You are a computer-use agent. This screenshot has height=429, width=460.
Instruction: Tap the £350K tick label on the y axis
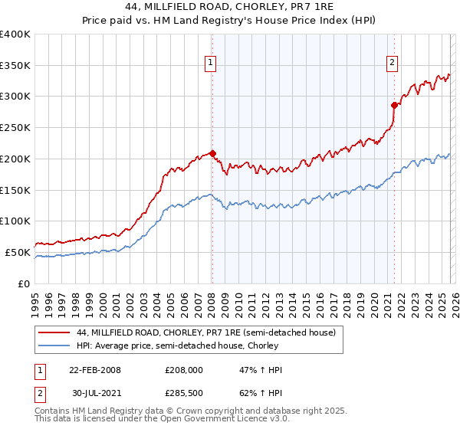15,65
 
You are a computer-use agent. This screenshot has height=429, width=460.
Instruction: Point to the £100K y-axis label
15,221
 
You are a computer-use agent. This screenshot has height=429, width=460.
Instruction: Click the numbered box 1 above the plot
210,64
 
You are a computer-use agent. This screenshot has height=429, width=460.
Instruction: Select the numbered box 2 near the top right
393,64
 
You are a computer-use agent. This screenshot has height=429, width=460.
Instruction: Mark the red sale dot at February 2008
212,153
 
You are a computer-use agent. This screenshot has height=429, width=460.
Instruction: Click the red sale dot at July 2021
394,105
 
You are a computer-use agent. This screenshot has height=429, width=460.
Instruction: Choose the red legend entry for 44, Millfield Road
205,332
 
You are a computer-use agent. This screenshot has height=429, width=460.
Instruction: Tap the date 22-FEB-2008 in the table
95,370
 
